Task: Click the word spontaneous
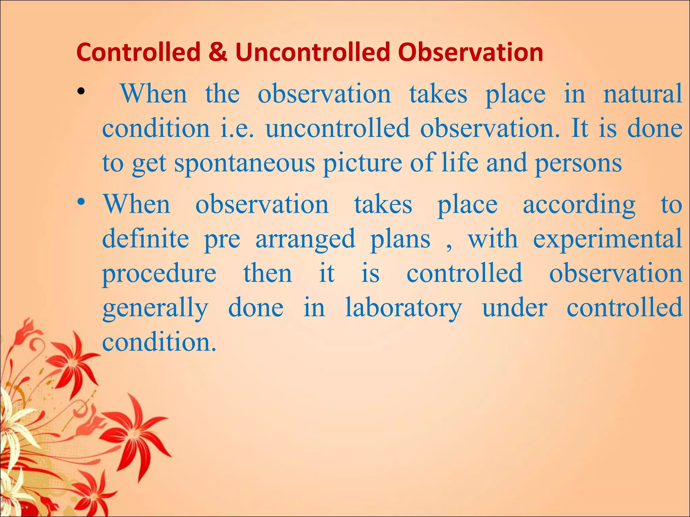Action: tap(245, 164)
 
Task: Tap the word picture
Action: tap(363, 164)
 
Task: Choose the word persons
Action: tap(578, 164)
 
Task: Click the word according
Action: tap(579, 205)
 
